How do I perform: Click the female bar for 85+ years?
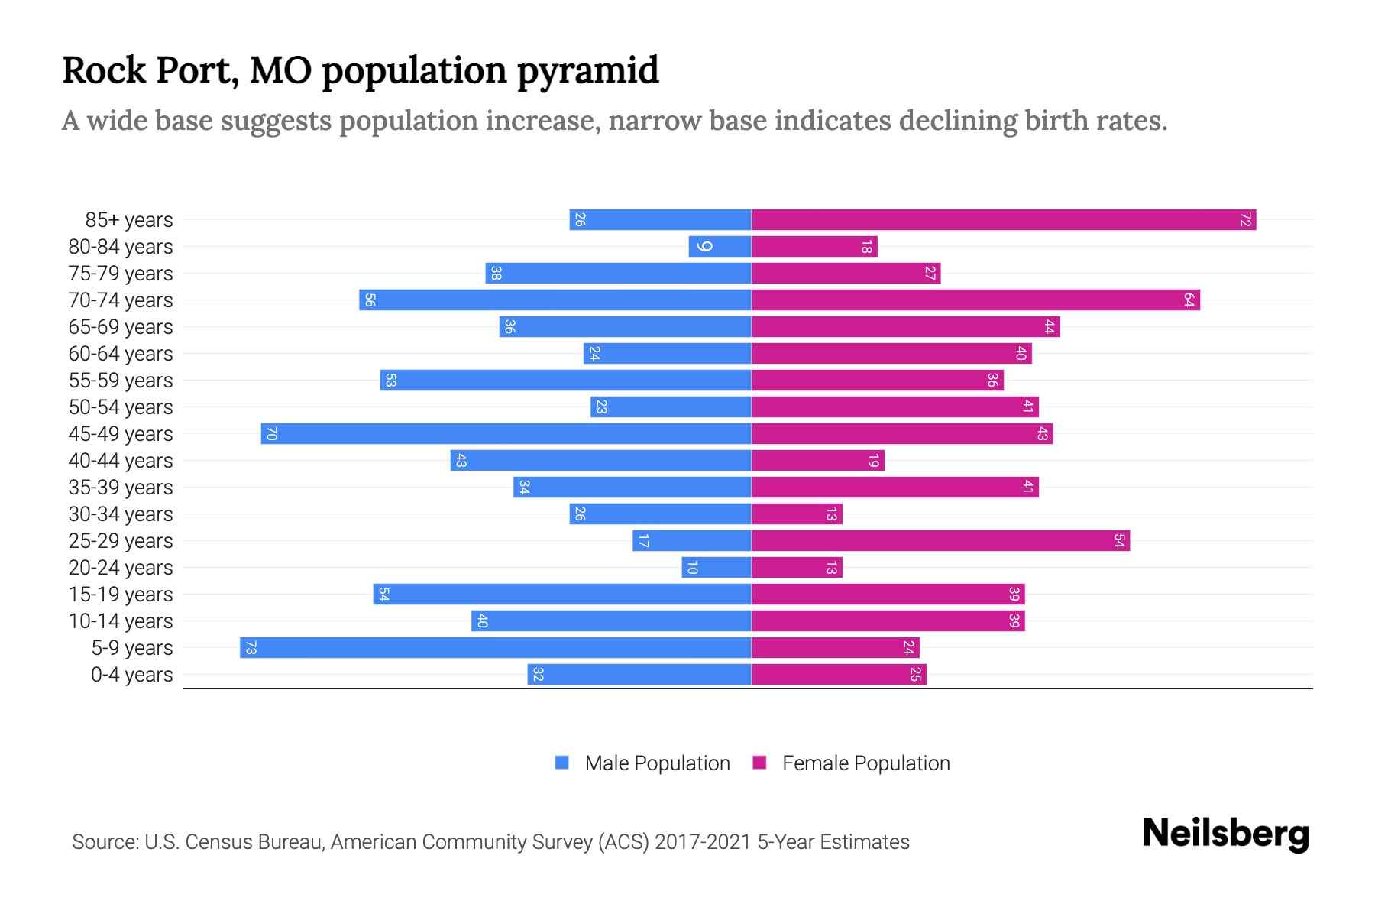(1003, 220)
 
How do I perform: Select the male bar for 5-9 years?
(495, 648)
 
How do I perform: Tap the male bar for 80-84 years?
(720, 247)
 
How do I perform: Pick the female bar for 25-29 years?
(940, 541)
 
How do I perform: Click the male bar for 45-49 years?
(506, 434)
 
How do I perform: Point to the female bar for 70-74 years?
(975, 300)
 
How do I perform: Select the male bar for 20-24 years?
(717, 568)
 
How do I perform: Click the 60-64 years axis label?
(121, 354)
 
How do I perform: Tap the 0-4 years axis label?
(131, 675)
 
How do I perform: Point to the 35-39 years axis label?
(121, 488)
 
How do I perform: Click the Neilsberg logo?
(1225, 834)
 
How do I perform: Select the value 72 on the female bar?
(1245, 220)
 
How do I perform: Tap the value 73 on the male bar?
(251, 648)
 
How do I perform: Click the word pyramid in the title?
(587, 71)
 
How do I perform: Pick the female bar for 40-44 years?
(817, 461)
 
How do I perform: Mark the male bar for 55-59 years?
(565, 381)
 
